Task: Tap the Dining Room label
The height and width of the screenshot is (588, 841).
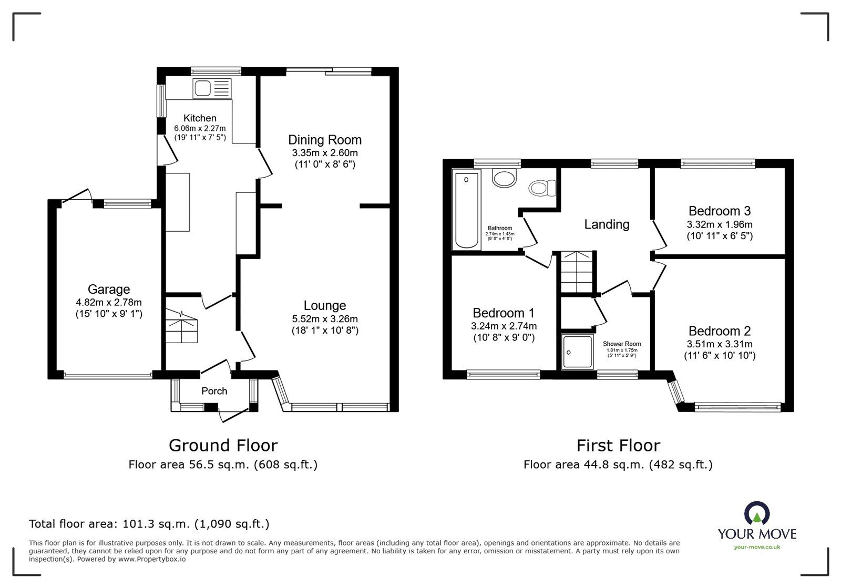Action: pos(325,140)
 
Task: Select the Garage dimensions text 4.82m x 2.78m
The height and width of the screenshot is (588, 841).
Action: pos(109,302)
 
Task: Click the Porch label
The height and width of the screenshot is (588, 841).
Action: pos(214,391)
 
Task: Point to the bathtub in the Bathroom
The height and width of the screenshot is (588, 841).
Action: pos(467,211)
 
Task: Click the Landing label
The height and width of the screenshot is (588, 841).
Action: pos(607,224)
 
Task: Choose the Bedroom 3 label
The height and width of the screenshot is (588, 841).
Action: pos(719,211)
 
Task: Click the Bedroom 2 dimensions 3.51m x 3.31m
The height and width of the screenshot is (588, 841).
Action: pos(719,344)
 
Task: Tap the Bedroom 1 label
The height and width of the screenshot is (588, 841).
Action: pos(503,313)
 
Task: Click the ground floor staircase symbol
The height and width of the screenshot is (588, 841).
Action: pos(182,326)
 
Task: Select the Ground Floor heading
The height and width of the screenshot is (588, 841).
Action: pos(223,446)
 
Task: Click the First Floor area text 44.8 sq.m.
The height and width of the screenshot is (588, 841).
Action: pos(618,465)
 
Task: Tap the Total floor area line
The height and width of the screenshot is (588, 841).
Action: pos(149,524)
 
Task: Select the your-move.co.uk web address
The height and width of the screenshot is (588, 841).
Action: pos(757,547)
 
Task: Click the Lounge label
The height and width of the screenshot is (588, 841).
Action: pos(325,305)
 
